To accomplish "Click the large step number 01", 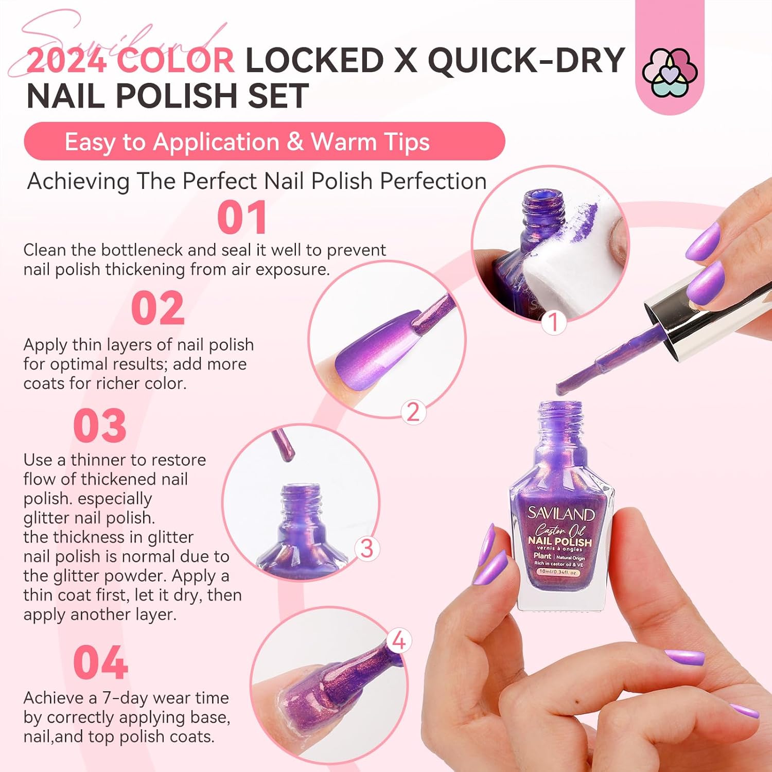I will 242,218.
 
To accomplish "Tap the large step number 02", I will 157,308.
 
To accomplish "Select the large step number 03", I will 100,426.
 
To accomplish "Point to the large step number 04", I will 100,663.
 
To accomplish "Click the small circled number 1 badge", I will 554,323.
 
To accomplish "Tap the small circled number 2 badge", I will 413,412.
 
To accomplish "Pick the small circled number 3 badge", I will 366,548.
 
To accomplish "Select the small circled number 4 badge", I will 399,641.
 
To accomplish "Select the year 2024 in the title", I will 66,61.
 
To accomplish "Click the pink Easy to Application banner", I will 264,142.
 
